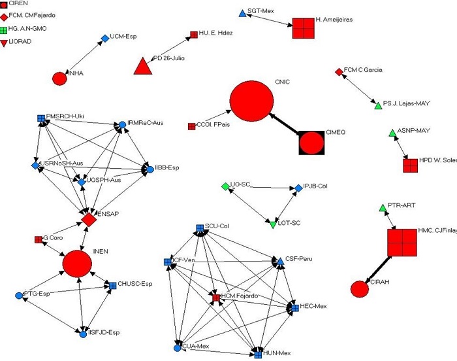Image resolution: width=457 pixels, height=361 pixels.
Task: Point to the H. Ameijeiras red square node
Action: click(304, 28)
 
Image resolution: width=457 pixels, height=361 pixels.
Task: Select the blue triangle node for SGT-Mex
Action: click(242, 13)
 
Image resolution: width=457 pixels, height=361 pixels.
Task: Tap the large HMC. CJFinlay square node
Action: click(402, 242)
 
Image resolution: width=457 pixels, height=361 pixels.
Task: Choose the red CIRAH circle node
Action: click(360, 288)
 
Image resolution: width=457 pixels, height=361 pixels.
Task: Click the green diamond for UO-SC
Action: click(225, 187)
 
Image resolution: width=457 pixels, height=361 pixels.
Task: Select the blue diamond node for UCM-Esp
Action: click(105, 39)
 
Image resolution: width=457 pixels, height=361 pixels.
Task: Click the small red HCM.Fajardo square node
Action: click(216, 298)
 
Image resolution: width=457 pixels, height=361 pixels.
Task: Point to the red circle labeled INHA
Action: click(59, 78)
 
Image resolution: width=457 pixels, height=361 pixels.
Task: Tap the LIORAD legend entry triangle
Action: click(5, 42)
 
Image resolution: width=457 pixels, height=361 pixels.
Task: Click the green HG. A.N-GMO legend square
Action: click(5, 29)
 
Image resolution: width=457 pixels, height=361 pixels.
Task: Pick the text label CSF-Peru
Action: click(298, 259)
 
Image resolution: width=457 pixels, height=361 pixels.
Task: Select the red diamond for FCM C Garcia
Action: click(338, 71)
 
